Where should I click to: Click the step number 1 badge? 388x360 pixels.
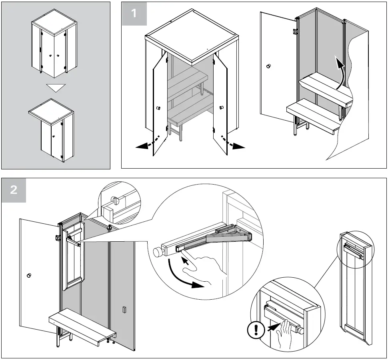point(134,13)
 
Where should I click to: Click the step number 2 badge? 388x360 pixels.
point(14,190)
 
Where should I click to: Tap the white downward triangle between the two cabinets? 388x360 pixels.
point(55,88)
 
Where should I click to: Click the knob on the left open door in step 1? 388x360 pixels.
point(157,107)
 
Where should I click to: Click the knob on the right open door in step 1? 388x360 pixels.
point(221,107)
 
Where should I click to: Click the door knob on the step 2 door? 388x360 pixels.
point(29,275)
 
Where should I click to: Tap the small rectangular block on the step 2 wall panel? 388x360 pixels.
point(124,310)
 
